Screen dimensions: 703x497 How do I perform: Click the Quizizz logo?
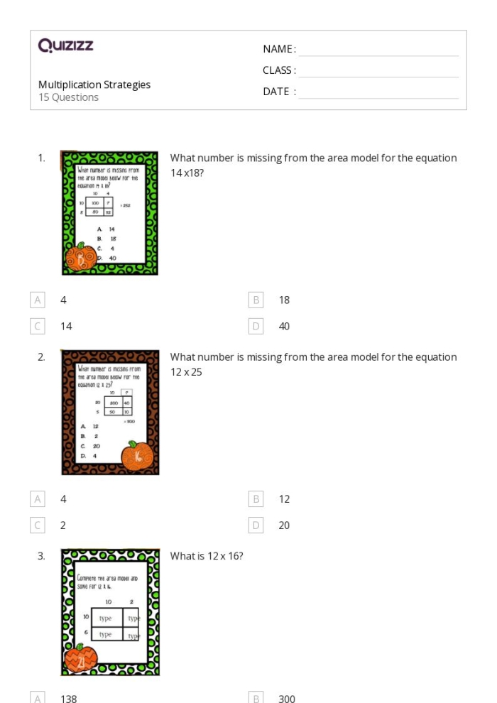point(65,46)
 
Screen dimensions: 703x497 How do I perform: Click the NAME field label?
point(279,49)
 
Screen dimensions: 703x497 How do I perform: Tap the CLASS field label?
point(279,70)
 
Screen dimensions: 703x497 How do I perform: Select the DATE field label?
point(279,92)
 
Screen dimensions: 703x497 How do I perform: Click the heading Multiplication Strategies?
point(94,85)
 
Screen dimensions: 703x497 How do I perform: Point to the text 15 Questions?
point(68,97)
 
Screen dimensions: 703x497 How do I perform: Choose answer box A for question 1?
point(38,300)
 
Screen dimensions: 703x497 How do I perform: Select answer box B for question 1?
point(256,300)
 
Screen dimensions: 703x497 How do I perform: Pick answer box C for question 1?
point(38,326)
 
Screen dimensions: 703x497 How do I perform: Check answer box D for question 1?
point(256,326)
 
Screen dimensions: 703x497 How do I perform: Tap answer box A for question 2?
point(38,498)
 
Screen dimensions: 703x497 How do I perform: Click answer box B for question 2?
point(256,498)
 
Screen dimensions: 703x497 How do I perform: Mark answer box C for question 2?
point(38,525)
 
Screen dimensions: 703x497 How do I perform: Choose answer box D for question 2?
point(256,525)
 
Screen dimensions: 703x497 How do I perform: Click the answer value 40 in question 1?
point(284,326)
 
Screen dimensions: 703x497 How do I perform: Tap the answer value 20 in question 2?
point(284,525)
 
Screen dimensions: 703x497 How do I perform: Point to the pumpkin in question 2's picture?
point(137,456)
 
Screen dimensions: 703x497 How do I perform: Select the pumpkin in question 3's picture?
point(80,660)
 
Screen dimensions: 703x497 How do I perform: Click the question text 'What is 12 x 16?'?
point(207,556)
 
